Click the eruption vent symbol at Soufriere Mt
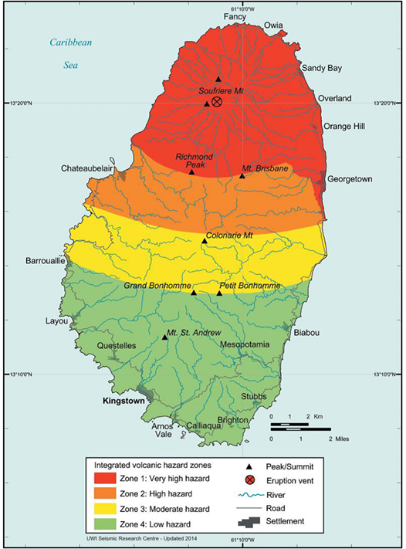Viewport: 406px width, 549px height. pos(217,102)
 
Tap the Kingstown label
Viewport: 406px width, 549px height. pos(127,402)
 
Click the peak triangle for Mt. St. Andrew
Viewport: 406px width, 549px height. pos(165,337)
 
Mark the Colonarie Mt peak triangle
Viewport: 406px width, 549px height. pos(205,242)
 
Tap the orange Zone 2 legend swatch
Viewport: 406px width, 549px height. pos(107,494)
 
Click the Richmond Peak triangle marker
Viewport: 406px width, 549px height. pos(192,171)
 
